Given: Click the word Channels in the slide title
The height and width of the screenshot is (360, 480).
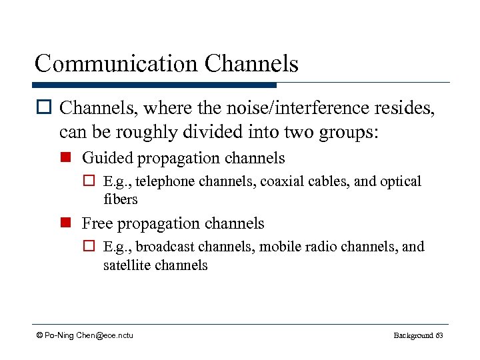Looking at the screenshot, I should [x=252, y=64].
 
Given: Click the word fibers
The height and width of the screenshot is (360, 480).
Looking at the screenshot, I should [x=120, y=199].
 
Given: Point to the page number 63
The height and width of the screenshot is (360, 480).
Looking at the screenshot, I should [x=439, y=335].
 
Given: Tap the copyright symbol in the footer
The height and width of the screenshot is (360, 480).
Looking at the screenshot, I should [x=40, y=335].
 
